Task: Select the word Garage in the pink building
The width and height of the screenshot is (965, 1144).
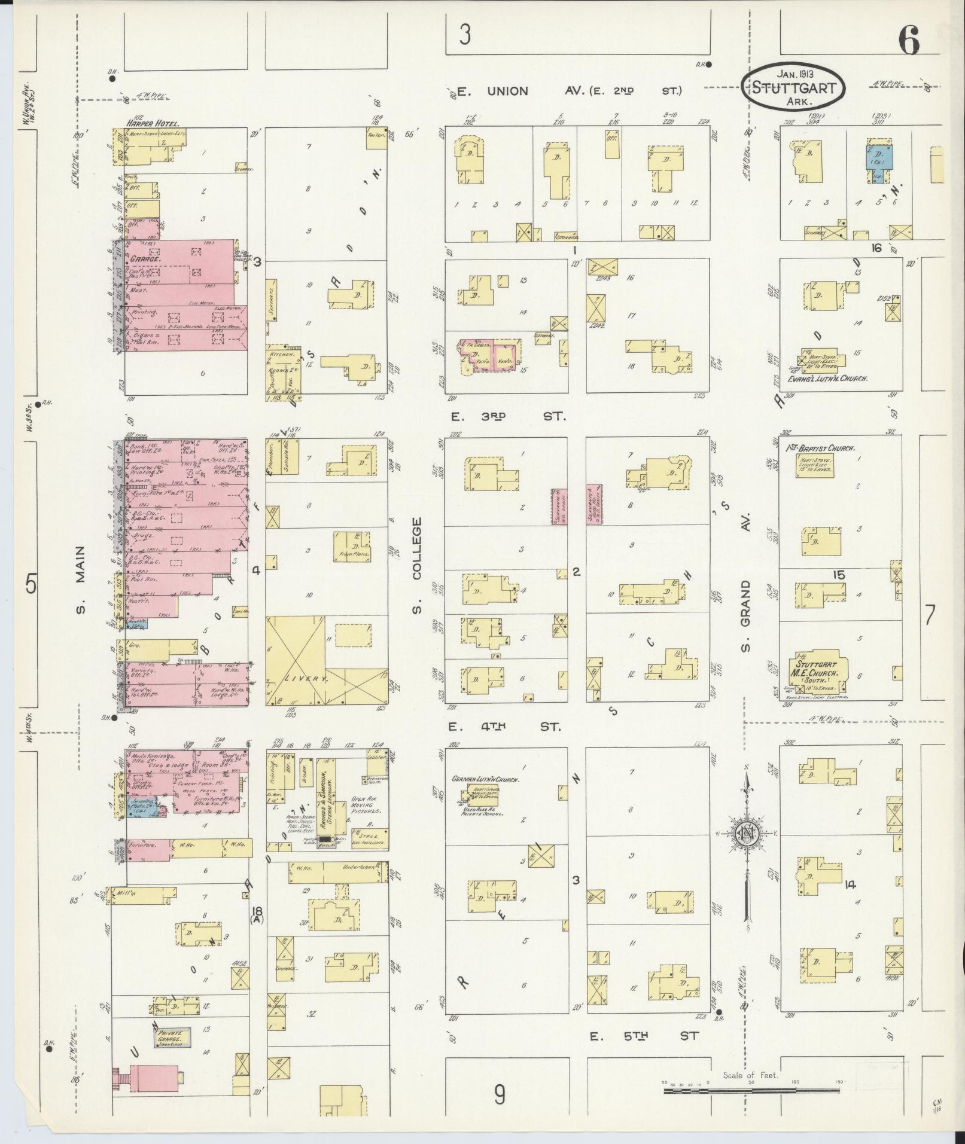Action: (x=145, y=260)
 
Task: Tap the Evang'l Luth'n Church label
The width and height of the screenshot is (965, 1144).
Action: (x=827, y=379)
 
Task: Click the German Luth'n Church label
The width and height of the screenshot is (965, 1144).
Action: (x=485, y=780)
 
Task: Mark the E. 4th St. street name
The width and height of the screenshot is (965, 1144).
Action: (x=504, y=727)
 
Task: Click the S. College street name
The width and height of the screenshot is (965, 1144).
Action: (x=417, y=565)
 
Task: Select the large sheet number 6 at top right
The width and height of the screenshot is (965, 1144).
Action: (x=908, y=41)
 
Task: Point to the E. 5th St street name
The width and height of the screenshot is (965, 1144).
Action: (x=643, y=1036)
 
